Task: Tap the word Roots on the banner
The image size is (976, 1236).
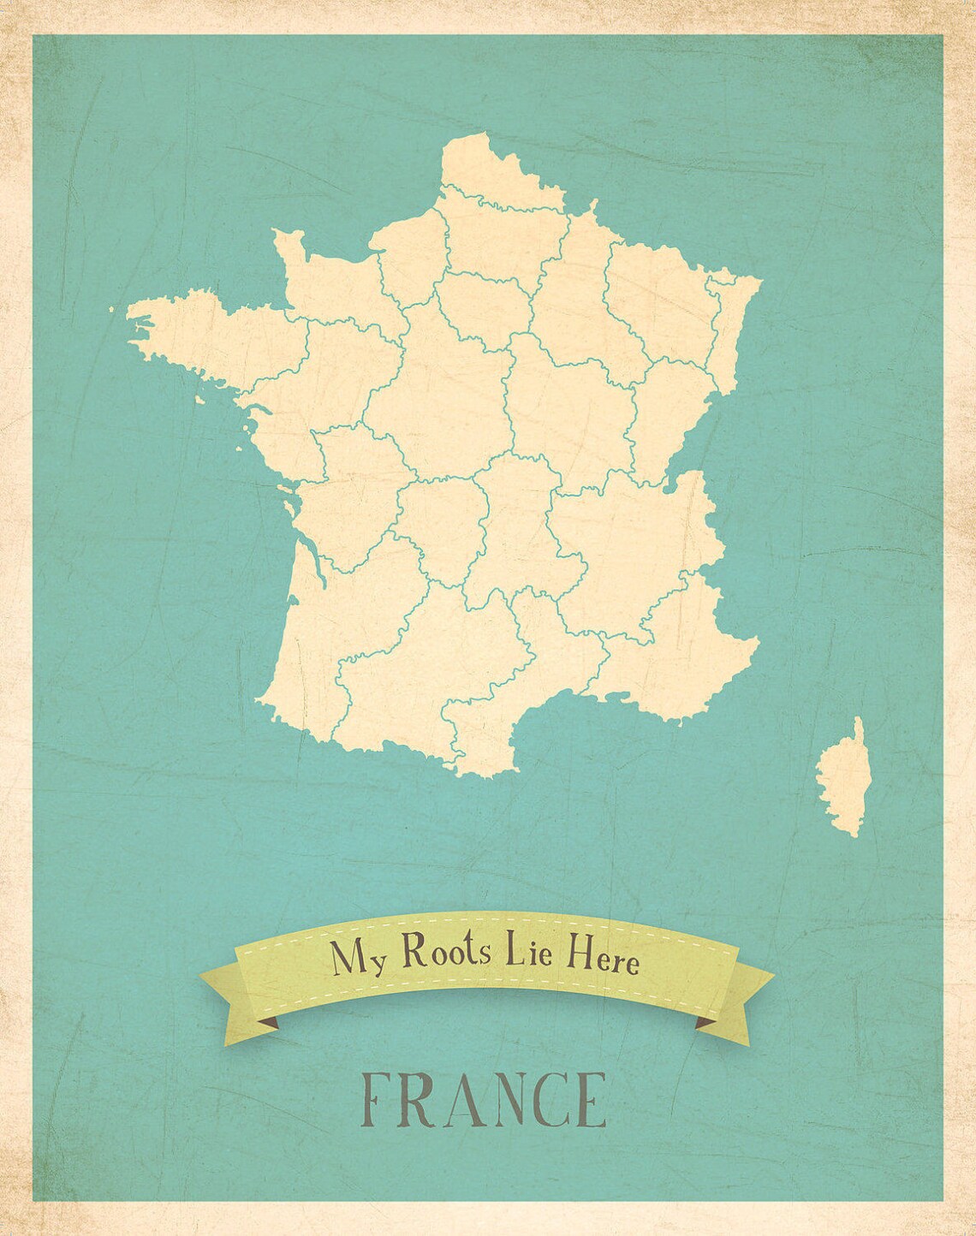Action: [443, 952]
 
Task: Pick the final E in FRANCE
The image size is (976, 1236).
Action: [590, 1099]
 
